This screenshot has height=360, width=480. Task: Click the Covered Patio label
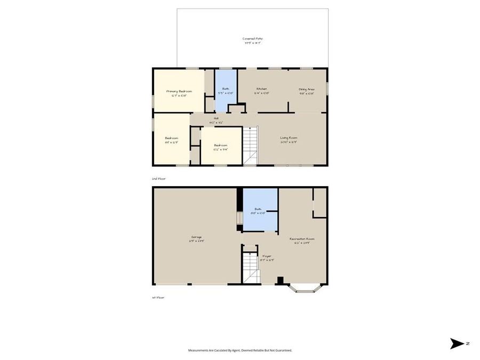point(253,38)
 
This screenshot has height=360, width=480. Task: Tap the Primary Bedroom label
point(179,91)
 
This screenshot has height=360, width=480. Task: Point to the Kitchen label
point(261,89)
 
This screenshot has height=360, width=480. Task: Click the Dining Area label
point(306,89)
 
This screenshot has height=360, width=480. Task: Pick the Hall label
point(217,118)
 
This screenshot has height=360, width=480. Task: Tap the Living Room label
point(289,138)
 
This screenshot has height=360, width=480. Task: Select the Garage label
point(196,237)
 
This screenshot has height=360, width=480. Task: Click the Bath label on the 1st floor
point(258,209)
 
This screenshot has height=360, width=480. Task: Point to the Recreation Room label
point(302,238)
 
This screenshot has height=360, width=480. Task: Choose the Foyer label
point(267,256)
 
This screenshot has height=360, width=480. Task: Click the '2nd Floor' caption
point(158,179)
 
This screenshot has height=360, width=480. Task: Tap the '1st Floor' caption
point(158,297)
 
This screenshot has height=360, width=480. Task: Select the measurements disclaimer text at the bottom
point(240,350)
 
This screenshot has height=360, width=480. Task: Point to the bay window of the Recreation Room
point(303,289)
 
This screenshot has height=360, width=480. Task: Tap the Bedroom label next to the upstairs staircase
point(221,145)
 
